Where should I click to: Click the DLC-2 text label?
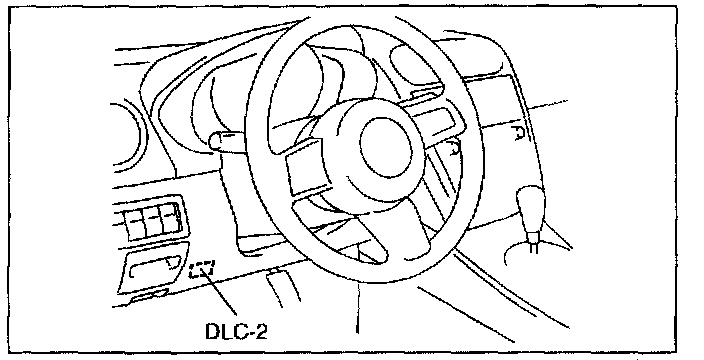point(236,332)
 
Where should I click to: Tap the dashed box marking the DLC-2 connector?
point(202,269)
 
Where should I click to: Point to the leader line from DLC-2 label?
point(221,293)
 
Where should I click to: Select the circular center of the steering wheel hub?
point(386,146)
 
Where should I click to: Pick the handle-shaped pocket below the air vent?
point(154,267)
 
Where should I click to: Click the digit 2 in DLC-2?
point(260,332)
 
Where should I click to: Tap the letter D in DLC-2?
point(212,332)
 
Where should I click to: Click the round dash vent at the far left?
point(135,136)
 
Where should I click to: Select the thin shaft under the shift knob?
point(532,241)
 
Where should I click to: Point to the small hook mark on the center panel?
point(520,132)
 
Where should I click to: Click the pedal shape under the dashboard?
point(283,287)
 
